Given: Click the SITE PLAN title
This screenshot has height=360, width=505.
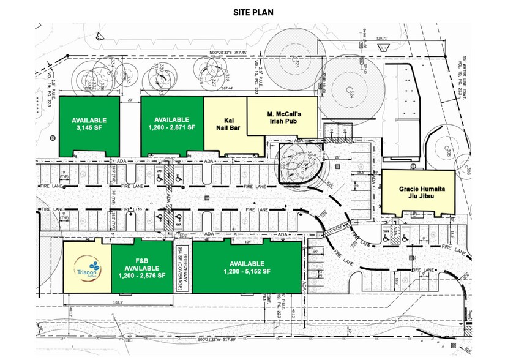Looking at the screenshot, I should [252, 12].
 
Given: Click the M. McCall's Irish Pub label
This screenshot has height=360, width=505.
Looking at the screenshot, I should [282, 116].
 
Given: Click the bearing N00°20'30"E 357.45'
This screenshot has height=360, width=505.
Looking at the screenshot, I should [228, 53].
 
